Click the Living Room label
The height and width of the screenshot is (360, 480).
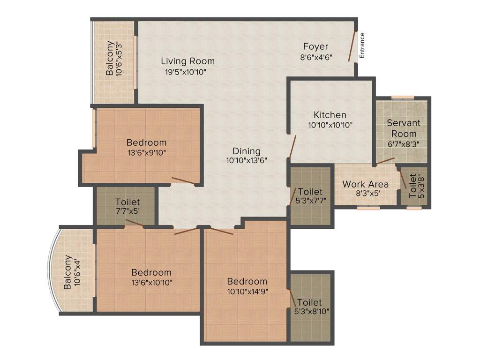point(187,61)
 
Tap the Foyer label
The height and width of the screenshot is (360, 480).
point(315,46)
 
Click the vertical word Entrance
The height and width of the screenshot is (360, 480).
point(362,45)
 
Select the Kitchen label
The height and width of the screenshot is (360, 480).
point(330,115)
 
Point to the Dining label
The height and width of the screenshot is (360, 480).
point(247,151)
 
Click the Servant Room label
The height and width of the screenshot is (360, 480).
point(404,128)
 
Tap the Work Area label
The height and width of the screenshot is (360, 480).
point(365,184)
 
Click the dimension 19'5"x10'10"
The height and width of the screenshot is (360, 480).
point(186,72)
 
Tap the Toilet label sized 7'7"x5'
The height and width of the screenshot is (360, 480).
point(127,202)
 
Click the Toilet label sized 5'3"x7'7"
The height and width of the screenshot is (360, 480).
point(310,192)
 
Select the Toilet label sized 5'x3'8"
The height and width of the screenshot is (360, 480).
point(412,186)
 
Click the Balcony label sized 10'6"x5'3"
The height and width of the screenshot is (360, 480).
point(110,59)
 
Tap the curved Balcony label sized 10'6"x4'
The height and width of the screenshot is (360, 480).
point(68,272)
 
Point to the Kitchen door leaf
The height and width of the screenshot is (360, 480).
point(292,146)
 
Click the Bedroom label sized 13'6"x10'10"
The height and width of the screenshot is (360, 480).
point(151,272)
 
